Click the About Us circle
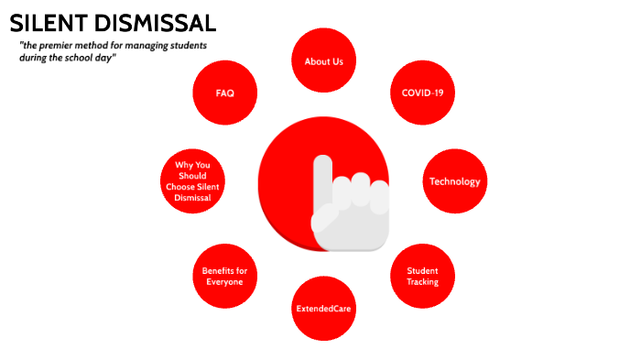[323, 60]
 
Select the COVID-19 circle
[422, 93]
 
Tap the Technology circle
[455, 180]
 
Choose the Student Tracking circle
[422, 276]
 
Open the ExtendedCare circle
[323, 309]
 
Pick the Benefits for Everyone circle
[224, 276]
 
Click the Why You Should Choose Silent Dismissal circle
[192, 180]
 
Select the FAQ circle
[224, 93]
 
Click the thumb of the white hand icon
[326, 221]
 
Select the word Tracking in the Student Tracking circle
[422, 281]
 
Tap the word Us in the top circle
[336, 61]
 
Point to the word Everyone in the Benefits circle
[224, 282]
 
